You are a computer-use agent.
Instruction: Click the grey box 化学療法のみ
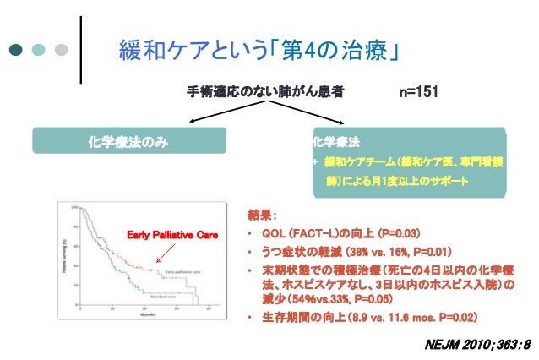point(129,140)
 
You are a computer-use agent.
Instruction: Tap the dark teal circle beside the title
point(17,50)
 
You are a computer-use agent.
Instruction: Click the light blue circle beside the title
point(39,50)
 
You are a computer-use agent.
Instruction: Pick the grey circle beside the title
point(60,50)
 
